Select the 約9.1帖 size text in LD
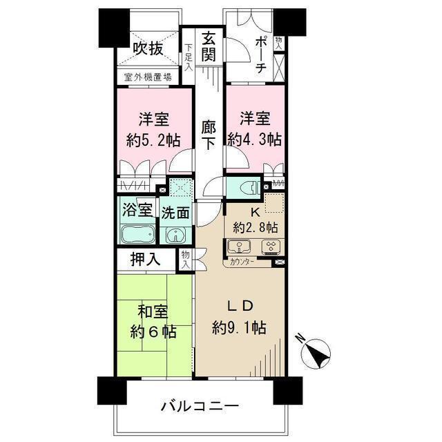pos(240,327)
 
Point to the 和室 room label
pos(152,313)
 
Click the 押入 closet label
pos(146,260)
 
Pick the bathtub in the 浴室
pos(138,235)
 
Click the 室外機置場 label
pos(148,78)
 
